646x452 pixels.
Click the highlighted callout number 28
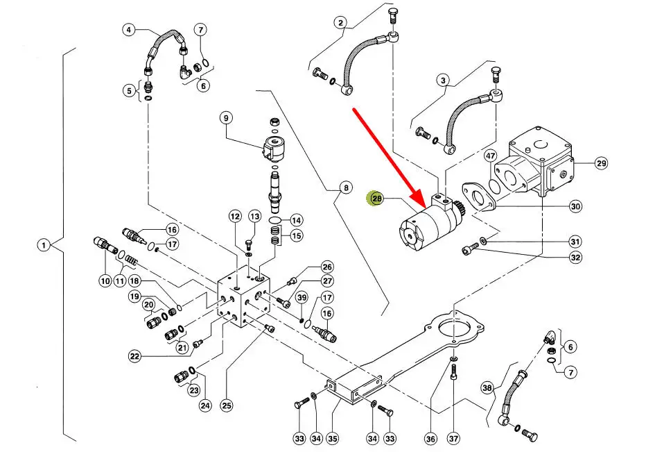tap(376, 199)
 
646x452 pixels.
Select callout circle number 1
tap(44, 245)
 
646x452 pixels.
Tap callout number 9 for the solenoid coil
tap(226, 118)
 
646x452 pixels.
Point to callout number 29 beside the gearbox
tap(602, 163)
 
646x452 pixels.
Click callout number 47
tap(490, 156)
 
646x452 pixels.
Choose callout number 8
tap(346, 188)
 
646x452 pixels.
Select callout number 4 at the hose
tap(129, 30)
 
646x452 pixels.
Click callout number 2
tap(340, 22)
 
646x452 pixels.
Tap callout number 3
tap(443, 80)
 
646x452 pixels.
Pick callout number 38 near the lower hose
tap(487, 388)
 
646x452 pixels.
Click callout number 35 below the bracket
tap(332, 438)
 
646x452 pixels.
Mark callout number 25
tap(227, 405)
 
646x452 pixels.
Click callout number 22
tap(134, 355)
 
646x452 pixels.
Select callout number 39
tap(302, 298)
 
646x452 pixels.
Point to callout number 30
tap(575, 206)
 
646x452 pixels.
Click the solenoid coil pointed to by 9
tap(274, 148)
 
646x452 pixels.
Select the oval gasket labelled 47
tap(495, 185)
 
